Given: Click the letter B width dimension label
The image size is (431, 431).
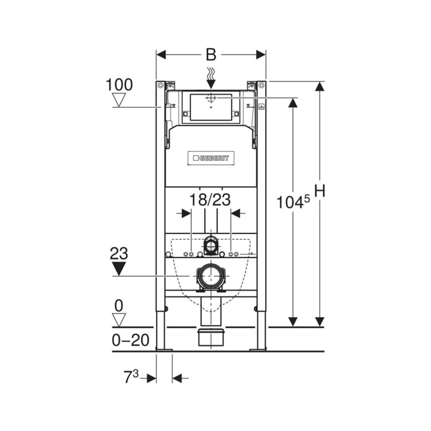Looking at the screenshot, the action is coord(211,55).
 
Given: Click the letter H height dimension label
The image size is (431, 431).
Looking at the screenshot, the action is coord(319,191).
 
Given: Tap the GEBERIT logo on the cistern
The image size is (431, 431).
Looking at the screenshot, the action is coord(211,158).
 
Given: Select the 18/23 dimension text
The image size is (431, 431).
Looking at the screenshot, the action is coord(210,199).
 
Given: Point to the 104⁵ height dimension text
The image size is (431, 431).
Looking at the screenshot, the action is coord(293,202).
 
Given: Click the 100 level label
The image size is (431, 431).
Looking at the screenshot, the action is coord(119,85).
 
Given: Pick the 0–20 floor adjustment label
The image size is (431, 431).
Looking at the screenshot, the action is coord(131,340).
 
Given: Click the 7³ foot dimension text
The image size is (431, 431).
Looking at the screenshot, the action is coord(131,377).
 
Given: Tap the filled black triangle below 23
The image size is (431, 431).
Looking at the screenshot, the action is coord(119,268).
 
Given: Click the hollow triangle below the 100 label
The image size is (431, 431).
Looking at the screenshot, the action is coord(119,100).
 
